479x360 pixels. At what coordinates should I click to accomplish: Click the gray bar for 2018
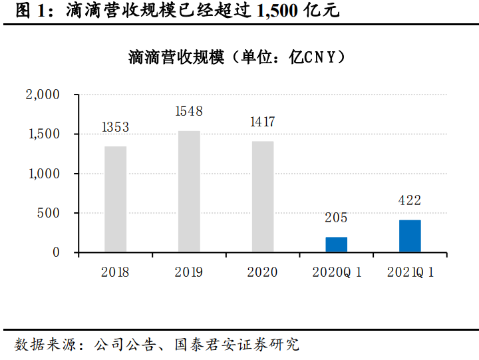pos(115,199)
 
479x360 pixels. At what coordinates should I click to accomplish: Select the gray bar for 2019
pos(189,192)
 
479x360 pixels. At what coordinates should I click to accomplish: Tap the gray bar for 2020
pos(262,196)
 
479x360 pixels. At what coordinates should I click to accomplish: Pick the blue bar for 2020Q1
pos(336,244)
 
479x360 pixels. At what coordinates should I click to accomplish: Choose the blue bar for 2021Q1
pos(410,236)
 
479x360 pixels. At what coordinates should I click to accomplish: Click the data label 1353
pos(115,127)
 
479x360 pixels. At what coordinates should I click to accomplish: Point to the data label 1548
pos(189,112)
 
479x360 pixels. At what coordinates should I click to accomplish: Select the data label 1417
pos(262,122)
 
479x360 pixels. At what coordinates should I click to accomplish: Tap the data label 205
pos(336,218)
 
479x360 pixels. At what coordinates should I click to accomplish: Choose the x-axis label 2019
pos(189,273)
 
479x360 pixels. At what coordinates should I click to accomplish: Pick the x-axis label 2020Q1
pos(336,273)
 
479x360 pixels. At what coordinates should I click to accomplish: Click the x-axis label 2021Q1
pos(410,273)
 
